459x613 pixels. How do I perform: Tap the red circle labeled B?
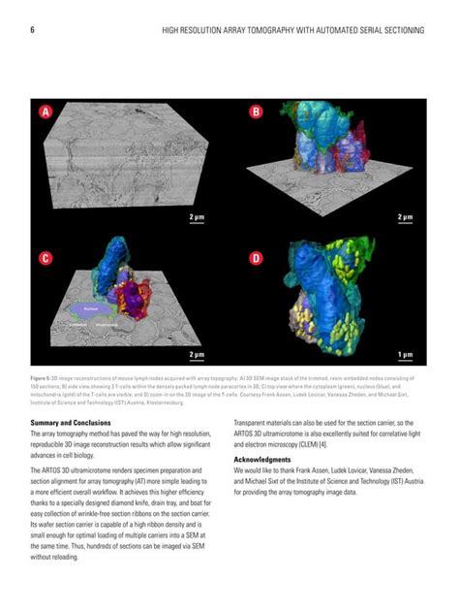pyautogui.click(x=256, y=112)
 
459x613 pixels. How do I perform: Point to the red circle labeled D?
pyautogui.click(x=256, y=258)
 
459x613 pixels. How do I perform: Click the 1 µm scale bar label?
pyautogui.click(x=406, y=355)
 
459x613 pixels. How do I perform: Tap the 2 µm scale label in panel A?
pyautogui.click(x=197, y=217)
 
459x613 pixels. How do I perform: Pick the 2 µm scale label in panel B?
pyautogui.click(x=406, y=217)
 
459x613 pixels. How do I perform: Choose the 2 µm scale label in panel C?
pyautogui.click(x=197, y=355)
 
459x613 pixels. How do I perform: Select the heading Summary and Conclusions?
pyautogui.click(x=76, y=423)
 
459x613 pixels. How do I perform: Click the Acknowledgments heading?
pyautogui.click(x=262, y=459)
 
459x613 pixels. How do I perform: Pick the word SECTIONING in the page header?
pyautogui.click(x=401, y=31)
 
